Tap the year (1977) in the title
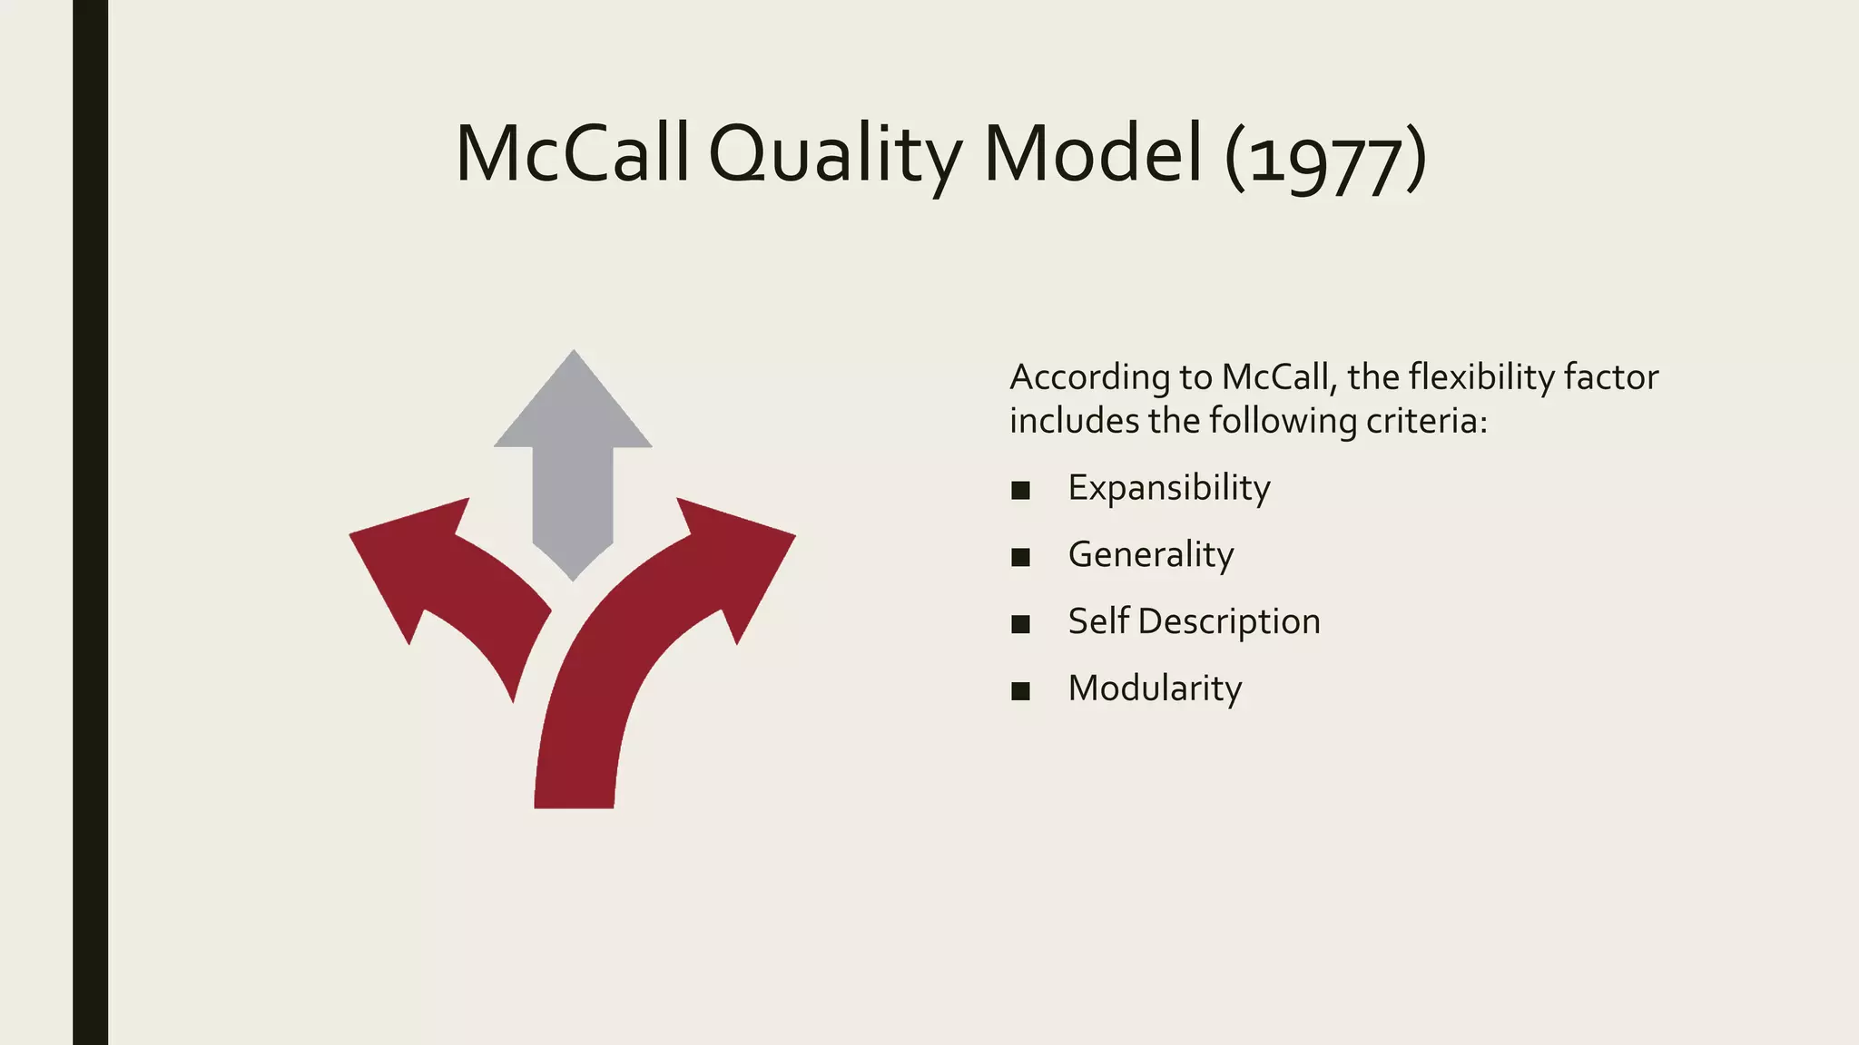click(1325, 158)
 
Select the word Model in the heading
click(1093, 154)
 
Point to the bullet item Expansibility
click(1168, 489)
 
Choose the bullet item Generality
click(1150, 555)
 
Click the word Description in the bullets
click(1228, 622)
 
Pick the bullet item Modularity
click(1154, 689)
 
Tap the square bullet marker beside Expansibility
click(1020, 491)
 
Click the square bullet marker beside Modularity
click(1020, 691)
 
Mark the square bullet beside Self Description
click(1020, 624)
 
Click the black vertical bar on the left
click(90, 522)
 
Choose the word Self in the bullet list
click(1098, 622)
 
